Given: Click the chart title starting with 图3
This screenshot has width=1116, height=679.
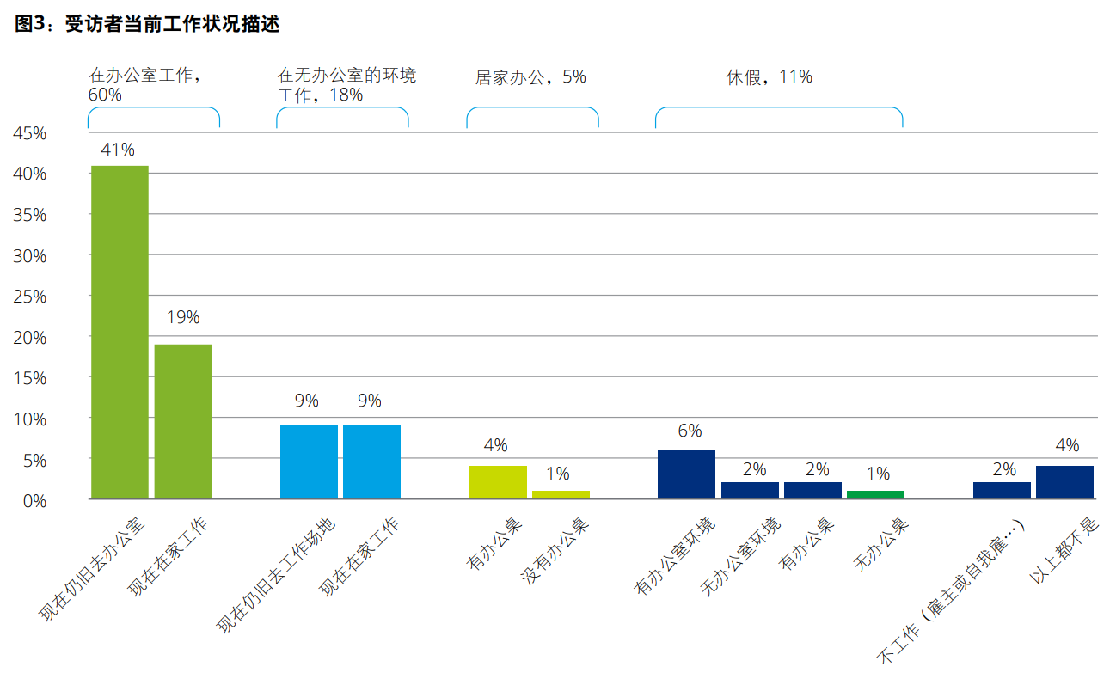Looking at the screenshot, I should point(147,24).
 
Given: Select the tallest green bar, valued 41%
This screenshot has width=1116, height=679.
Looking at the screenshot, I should point(120,332).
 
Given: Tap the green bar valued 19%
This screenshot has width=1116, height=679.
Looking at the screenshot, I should point(183,421).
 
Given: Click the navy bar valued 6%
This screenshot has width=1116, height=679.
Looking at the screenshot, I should point(686,474).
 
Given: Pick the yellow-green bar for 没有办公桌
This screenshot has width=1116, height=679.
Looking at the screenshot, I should point(561,494).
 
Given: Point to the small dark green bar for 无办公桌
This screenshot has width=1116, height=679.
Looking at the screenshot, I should point(875,494).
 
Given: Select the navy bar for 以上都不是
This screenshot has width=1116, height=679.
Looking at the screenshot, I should point(1064,482).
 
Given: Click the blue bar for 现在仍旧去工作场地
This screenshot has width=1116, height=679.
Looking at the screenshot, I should point(309,462).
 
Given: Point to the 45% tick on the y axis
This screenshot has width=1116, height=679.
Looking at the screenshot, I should point(30,133).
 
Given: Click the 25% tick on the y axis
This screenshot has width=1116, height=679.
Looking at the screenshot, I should point(30,297).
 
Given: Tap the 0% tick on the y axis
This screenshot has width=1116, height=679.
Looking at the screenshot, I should point(34,500).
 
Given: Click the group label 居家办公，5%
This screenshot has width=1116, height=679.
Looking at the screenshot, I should point(530,77).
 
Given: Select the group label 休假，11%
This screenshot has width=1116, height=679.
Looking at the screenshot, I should point(769,77).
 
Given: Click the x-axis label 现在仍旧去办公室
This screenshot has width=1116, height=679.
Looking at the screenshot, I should point(94,568).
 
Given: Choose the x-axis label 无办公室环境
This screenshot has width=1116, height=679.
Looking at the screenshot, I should point(741,557).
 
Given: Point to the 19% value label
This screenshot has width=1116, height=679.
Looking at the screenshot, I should point(182,317).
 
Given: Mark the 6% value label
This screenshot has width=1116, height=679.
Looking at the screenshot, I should point(690,431).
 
